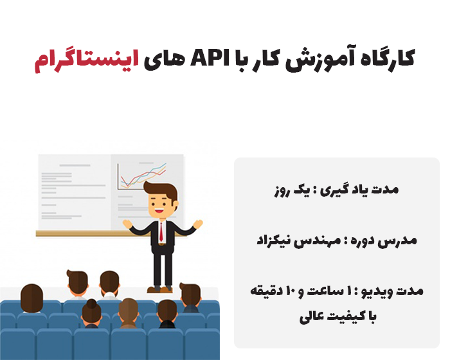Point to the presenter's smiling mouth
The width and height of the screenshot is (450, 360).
tap(160, 212)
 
